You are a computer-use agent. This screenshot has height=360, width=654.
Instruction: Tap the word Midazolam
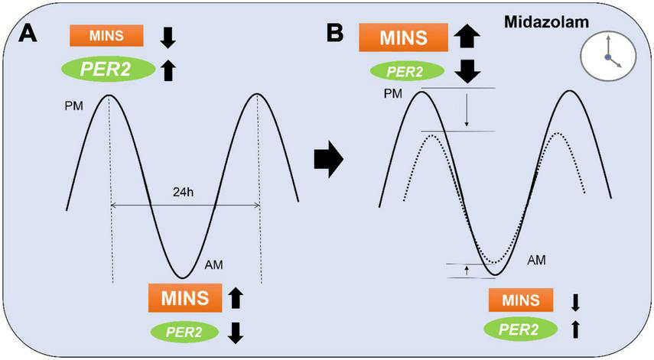[546, 22]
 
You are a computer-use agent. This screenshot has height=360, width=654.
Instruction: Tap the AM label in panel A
[214, 265]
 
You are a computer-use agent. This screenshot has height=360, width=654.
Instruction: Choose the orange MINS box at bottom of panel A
[184, 297]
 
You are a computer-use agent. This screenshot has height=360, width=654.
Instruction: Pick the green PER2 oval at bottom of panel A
[183, 332]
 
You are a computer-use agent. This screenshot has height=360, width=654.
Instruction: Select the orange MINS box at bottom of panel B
[520, 300]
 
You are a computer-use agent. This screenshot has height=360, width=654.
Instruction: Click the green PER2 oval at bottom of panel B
[519, 329]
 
